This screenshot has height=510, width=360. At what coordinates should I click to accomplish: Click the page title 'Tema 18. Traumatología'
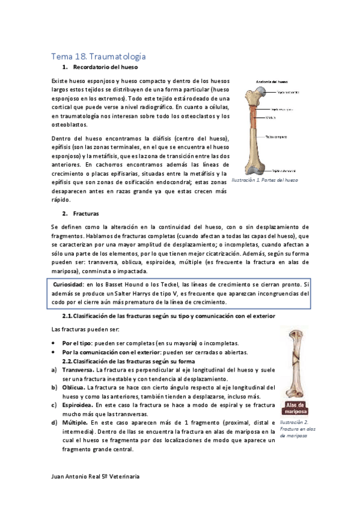(98, 56)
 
